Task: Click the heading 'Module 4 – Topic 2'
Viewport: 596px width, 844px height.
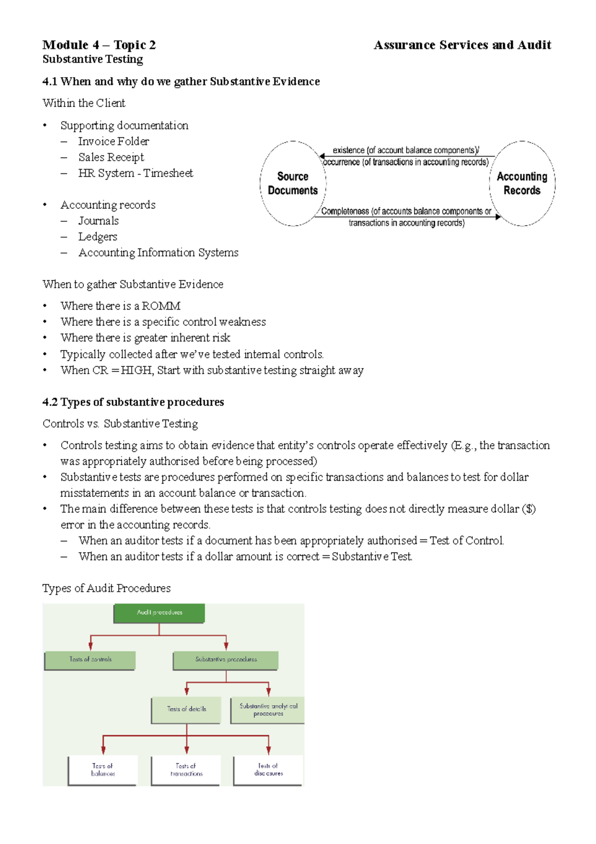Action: click(99, 45)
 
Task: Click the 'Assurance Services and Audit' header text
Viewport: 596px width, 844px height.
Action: click(462, 45)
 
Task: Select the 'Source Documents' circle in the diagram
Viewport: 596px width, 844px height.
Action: click(293, 183)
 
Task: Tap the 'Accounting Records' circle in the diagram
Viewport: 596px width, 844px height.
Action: click(521, 183)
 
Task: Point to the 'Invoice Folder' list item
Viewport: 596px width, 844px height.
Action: click(113, 142)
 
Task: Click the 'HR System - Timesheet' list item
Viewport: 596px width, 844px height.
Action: click(135, 173)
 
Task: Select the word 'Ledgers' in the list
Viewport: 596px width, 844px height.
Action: click(98, 237)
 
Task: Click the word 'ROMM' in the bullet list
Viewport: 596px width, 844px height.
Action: click(161, 306)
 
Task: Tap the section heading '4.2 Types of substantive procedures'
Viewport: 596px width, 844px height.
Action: click(133, 402)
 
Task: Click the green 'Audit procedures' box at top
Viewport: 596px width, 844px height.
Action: click(159, 613)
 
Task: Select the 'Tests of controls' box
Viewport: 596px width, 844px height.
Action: click(90, 660)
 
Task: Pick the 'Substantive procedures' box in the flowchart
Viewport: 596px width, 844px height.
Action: click(225, 660)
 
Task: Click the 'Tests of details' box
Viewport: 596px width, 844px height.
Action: click(186, 710)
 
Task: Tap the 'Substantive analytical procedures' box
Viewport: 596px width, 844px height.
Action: click(268, 710)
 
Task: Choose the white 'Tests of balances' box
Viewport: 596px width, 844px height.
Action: click(102, 770)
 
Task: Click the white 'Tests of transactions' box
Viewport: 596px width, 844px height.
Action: click(186, 770)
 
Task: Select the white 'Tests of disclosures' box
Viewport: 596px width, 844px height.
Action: click(268, 770)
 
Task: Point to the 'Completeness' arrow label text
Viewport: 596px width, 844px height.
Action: click(345, 212)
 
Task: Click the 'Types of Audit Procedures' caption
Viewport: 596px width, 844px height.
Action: click(106, 589)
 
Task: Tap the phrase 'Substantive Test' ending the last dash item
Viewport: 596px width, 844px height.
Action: click(372, 557)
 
